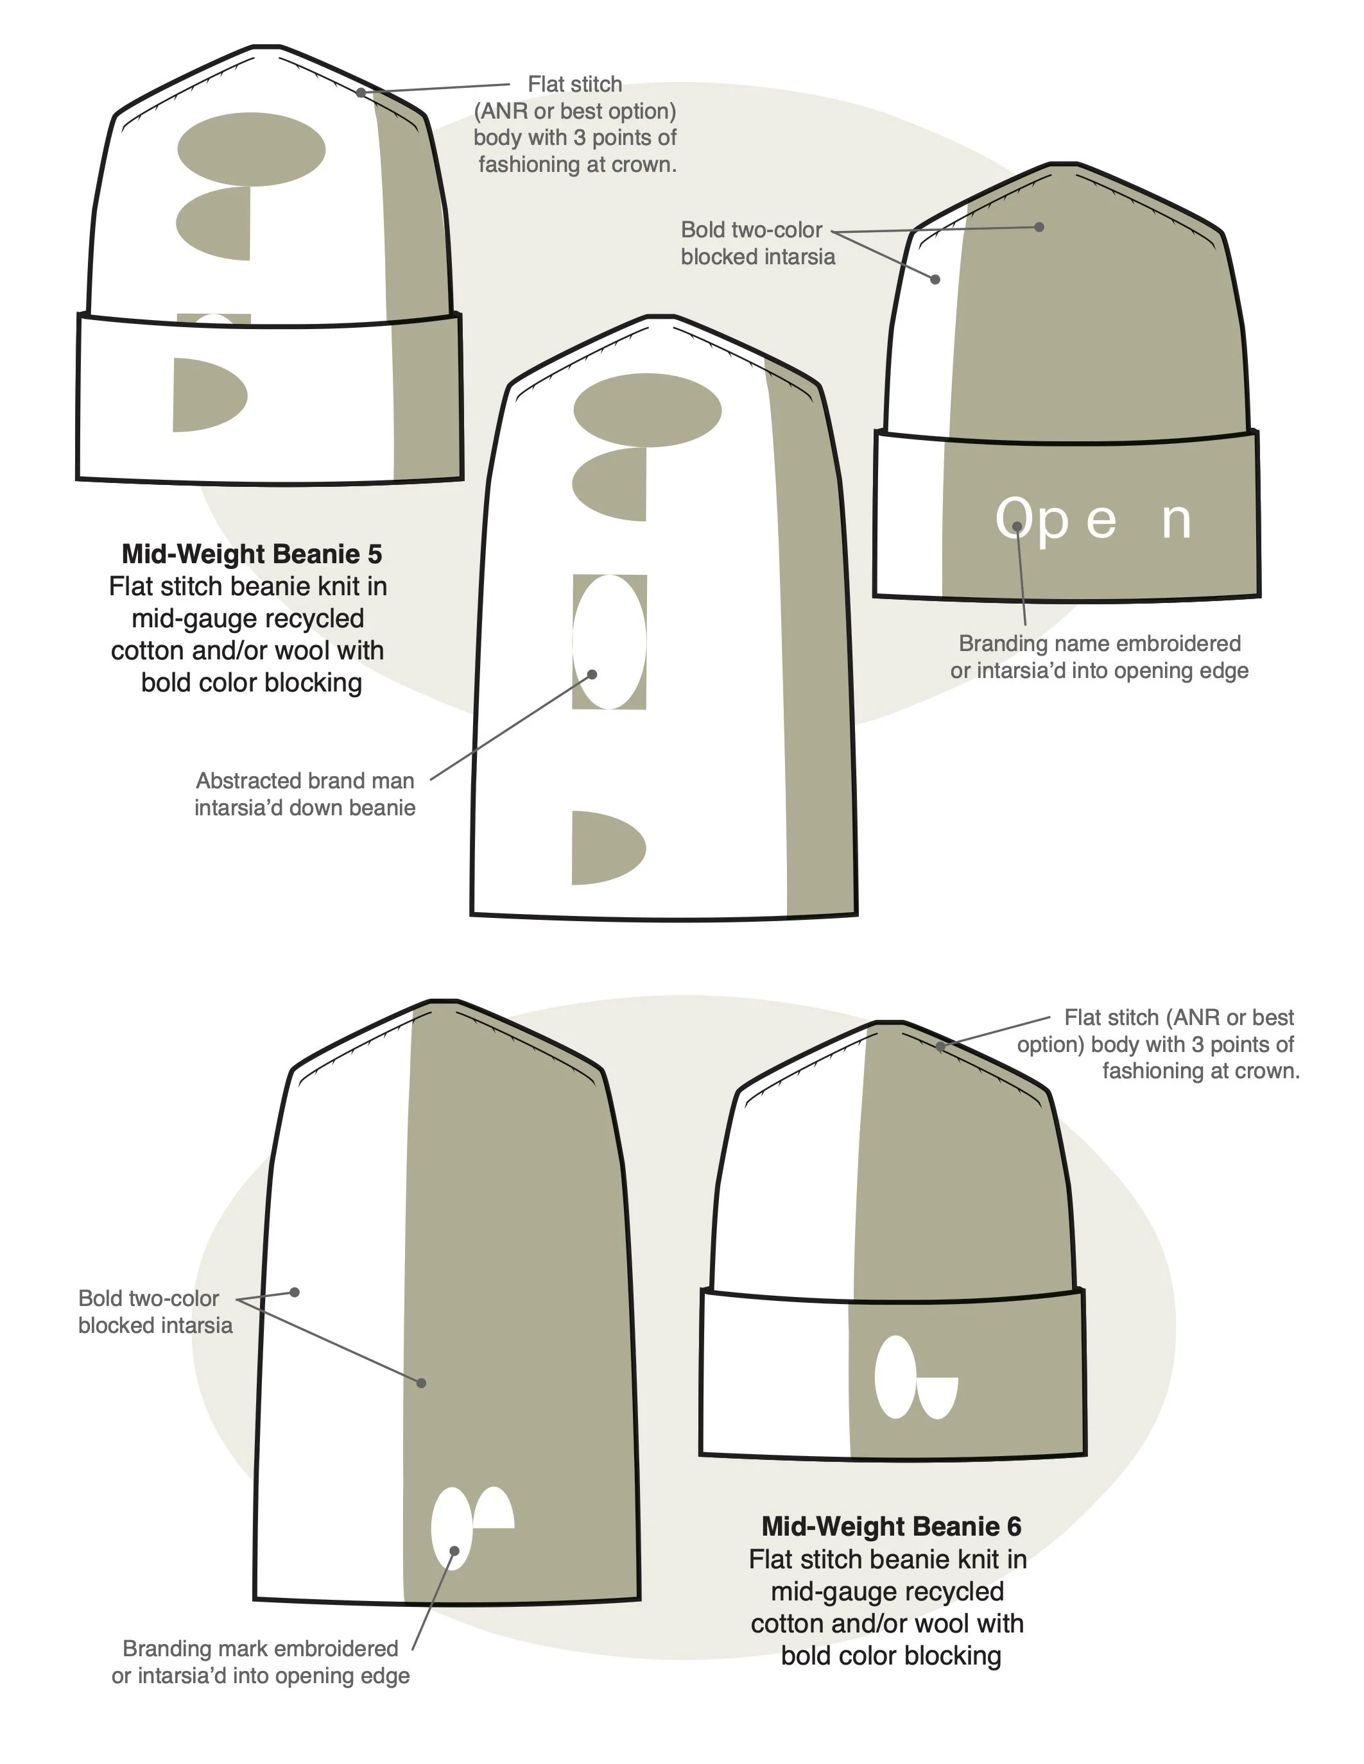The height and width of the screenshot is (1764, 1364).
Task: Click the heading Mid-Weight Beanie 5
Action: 252,554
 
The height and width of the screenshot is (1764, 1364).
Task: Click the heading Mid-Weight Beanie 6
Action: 892,1526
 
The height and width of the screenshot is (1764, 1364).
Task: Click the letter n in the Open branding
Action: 1176,521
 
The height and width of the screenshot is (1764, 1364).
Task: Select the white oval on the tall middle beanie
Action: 609,642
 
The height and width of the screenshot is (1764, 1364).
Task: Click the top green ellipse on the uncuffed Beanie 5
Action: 647,409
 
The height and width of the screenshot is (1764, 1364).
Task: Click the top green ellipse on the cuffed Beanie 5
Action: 252,149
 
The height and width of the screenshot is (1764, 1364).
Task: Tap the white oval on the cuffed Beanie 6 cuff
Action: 895,1377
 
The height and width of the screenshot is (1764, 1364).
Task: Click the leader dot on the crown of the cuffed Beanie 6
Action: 940,1046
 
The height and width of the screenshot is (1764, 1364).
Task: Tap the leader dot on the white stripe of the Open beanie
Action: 935,280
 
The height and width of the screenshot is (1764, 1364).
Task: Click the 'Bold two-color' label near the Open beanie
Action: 751,230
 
